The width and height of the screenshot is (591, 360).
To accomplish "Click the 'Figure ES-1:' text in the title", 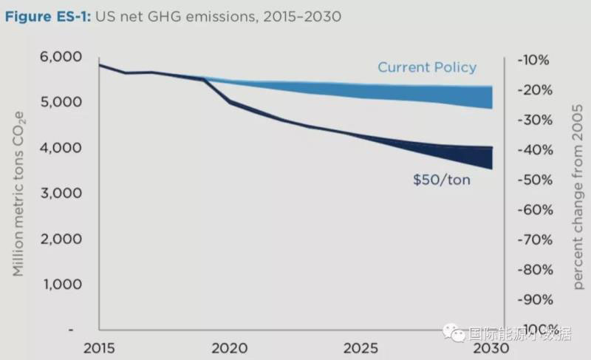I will [47, 16].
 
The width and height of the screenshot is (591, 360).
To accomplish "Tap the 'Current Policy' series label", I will [427, 67].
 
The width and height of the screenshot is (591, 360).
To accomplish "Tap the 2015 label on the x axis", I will [99, 348].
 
